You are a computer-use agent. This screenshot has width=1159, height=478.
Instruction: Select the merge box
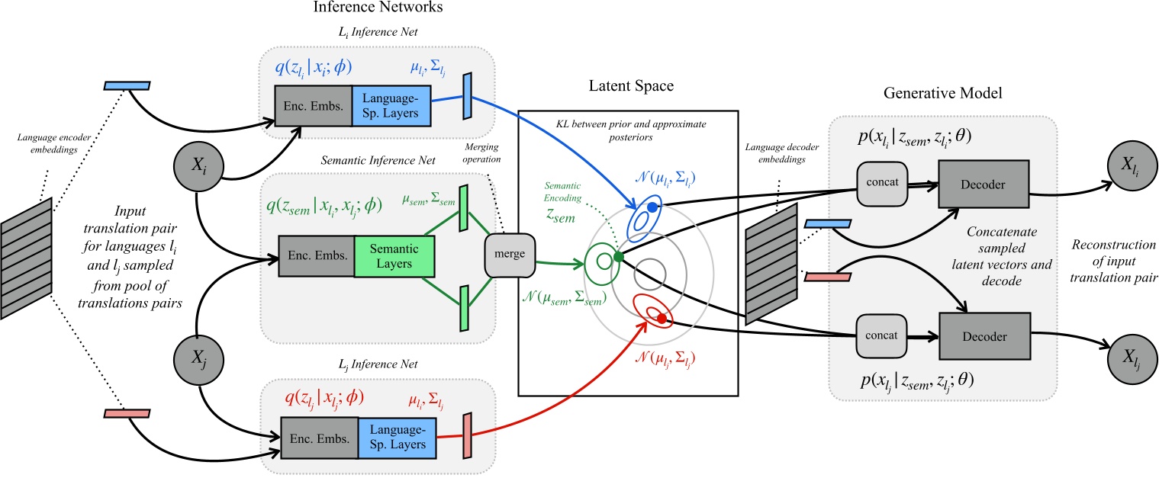coord(510,252)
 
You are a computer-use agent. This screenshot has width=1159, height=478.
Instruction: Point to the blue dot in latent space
coord(651,207)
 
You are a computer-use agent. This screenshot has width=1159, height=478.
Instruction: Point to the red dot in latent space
coord(662,318)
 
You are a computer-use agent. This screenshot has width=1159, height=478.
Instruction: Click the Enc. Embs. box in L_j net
coord(317,438)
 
